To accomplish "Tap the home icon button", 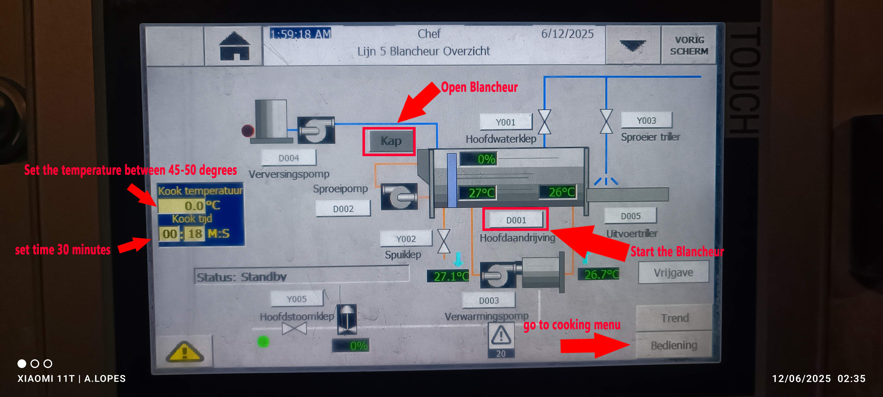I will (234, 47).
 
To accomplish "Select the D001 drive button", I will (516, 220).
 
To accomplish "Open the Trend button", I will (674, 318).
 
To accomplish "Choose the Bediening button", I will (674, 345).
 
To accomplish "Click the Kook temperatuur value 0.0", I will (182, 206).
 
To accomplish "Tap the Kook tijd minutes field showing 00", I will (170, 234).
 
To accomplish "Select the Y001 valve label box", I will (506, 122).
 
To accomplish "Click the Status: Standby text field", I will (302, 276).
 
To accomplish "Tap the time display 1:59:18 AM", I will (300, 34).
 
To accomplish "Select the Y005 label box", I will (296, 299).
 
